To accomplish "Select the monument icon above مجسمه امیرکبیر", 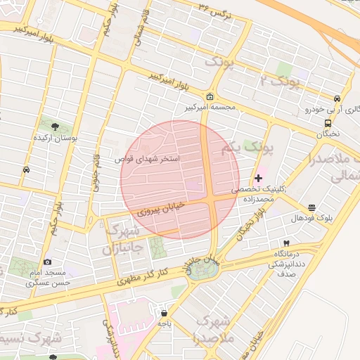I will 209,96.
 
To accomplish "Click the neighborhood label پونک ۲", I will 280,81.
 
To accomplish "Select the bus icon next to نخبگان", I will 337,122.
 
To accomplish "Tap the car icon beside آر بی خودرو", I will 337,98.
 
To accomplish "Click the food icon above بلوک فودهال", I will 311,207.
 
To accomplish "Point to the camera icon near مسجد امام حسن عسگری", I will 48,262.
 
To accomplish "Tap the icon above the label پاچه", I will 164,313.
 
